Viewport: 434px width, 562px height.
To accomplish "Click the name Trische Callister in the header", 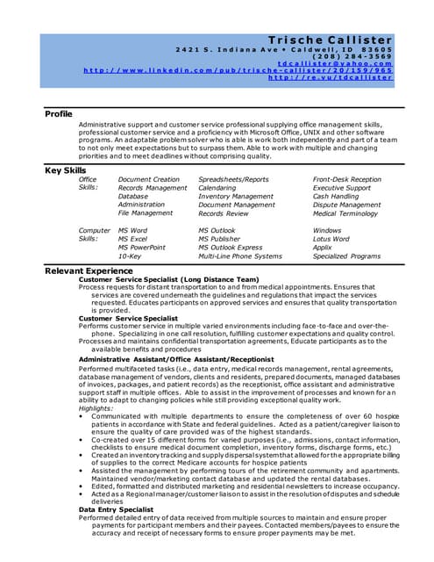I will (330, 40).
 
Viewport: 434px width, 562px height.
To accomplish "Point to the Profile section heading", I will (60, 114).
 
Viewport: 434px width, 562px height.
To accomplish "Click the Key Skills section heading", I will (66, 169).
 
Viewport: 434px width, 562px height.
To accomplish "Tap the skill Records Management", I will (152, 188).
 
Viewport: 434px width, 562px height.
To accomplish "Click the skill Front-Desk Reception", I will (346, 179).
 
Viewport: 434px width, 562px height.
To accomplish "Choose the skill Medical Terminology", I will (346, 213).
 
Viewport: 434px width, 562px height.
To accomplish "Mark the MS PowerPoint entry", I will (141, 248).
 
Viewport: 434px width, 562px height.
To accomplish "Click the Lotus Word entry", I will (331, 239).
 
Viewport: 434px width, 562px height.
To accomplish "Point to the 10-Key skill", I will (130, 256).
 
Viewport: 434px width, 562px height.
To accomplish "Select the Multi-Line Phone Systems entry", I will (239, 256).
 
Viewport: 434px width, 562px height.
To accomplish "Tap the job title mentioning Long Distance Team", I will (168, 279).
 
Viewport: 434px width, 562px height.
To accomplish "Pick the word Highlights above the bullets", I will (96, 383).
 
